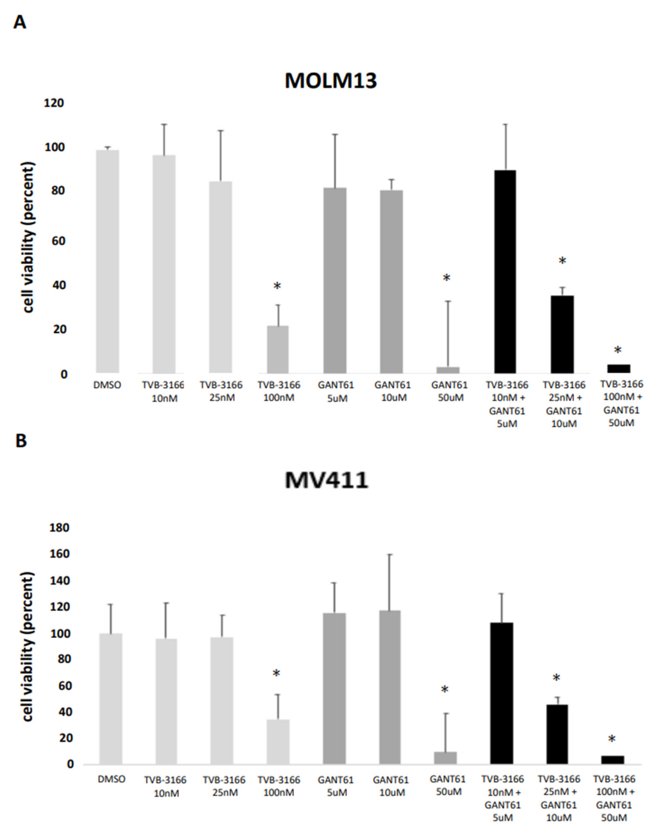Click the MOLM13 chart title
click(331, 81)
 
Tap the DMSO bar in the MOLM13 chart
click(107, 262)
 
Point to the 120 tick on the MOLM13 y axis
click(54, 103)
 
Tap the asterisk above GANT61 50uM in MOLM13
click(446, 278)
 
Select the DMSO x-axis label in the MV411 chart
click(111, 779)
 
